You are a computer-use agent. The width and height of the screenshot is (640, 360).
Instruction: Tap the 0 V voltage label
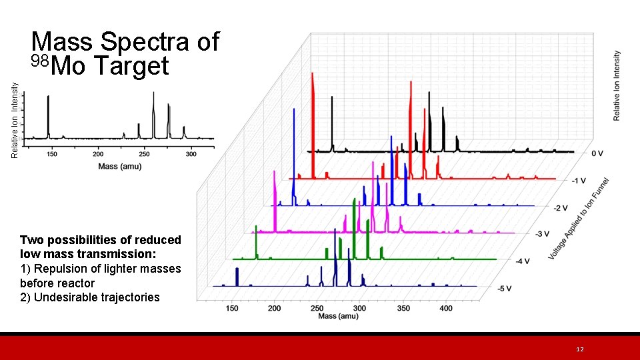pos(597,153)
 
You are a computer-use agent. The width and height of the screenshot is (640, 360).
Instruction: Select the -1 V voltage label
pos(579,181)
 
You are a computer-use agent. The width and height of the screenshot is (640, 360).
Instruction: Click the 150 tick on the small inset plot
pos(51,154)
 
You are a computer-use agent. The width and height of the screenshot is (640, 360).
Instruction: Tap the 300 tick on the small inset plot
pos(191,154)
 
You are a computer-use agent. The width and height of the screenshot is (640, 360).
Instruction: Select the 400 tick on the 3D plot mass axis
pos(446,308)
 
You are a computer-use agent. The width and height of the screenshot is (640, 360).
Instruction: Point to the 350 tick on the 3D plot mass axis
pos(403,308)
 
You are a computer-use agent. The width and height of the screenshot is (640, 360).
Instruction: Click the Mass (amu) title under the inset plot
pos(120,166)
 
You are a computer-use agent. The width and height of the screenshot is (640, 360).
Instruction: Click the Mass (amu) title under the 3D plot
pos(338,315)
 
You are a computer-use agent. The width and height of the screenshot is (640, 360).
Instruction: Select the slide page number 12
pos(580,349)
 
